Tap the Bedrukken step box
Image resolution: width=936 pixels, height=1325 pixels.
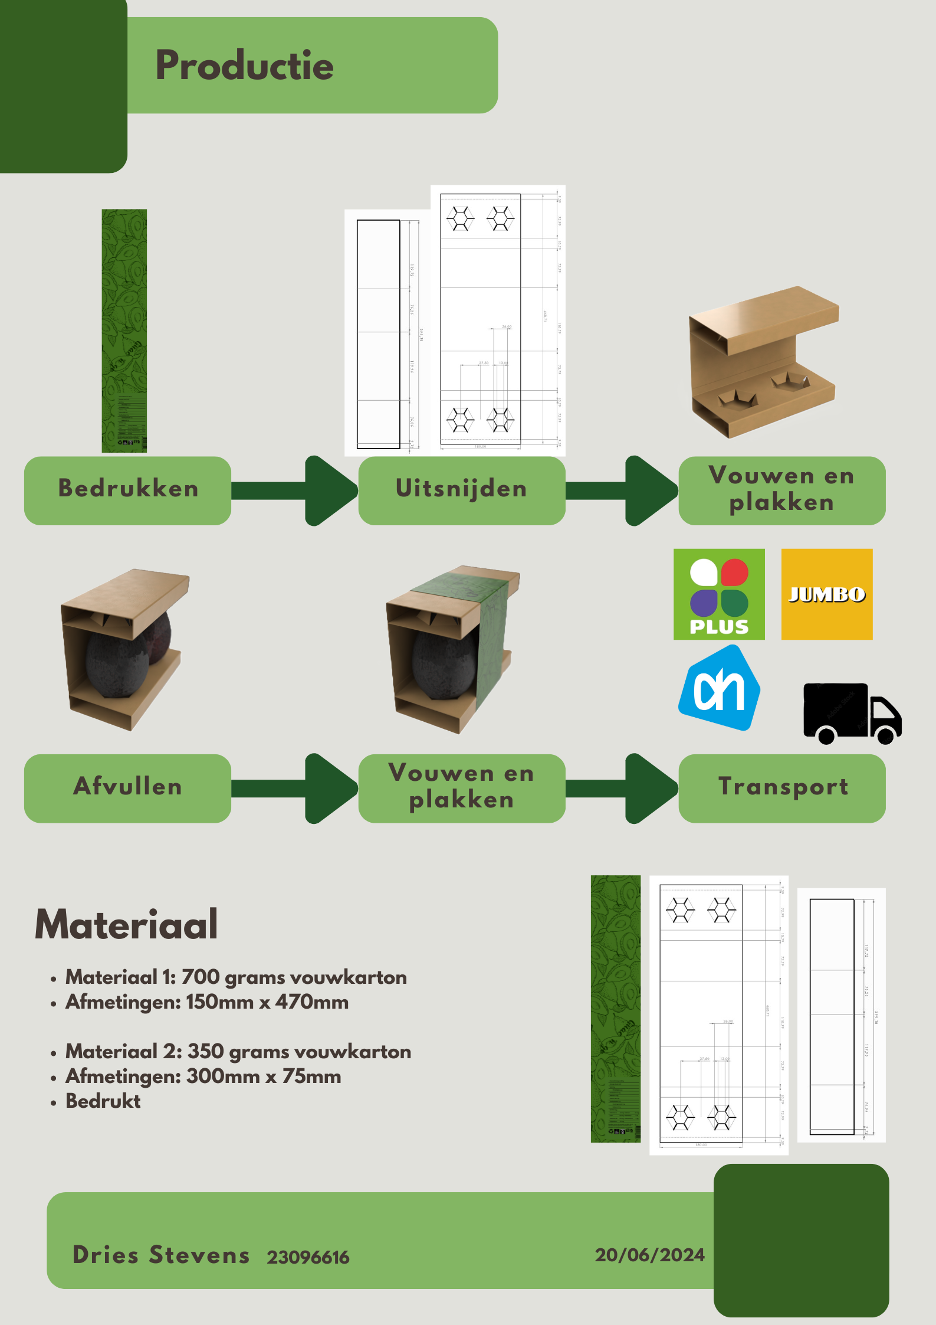click(127, 489)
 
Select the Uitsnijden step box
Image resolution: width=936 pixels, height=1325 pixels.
click(461, 489)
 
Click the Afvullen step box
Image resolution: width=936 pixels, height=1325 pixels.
click(127, 787)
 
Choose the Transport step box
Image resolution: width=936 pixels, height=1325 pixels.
click(782, 787)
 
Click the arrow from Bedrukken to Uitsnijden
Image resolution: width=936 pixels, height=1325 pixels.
click(295, 490)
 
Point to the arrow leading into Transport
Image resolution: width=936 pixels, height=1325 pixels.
click(622, 788)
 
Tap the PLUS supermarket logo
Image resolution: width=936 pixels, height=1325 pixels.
click(719, 594)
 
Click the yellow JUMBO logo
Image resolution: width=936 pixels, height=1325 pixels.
click(826, 594)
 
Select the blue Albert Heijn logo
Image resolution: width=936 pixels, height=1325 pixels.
click(719, 688)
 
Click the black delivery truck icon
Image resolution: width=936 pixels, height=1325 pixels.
click(852, 713)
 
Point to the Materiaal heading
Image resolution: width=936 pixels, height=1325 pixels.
click(126, 925)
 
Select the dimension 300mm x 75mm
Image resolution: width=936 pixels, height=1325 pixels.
click(264, 1077)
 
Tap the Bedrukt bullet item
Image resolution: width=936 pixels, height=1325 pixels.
click(103, 1101)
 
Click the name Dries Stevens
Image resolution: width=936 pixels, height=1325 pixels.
click(161, 1255)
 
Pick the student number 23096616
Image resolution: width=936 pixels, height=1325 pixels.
click(308, 1257)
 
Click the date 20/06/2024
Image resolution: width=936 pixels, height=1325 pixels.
click(649, 1255)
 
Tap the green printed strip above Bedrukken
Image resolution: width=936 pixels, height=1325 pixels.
click(124, 331)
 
